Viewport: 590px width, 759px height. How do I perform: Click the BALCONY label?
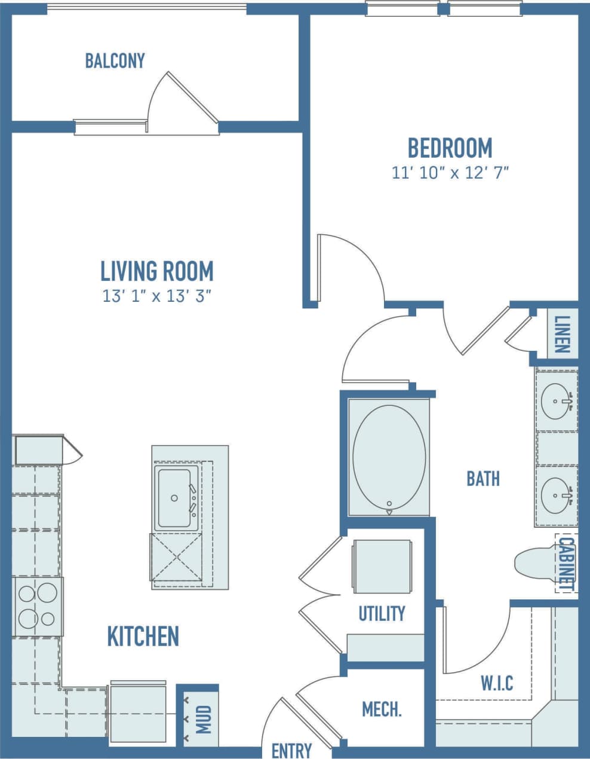(115, 61)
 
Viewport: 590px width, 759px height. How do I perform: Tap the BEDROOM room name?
(450, 148)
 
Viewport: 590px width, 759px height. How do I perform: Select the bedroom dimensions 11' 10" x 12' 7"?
(450, 173)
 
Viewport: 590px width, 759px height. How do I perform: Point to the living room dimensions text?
(157, 296)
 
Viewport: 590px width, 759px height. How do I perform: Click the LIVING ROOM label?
(157, 271)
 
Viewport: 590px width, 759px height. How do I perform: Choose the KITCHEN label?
(143, 636)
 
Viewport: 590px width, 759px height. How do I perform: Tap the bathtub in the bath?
(389, 457)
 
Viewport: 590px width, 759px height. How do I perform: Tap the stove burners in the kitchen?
(37, 605)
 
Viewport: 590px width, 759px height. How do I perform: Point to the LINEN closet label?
(563, 334)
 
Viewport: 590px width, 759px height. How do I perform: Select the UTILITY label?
(382, 614)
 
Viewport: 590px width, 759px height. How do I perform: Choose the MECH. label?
(382, 709)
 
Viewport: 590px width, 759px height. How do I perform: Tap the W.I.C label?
(497, 683)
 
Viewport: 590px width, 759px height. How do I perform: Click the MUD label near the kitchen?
(203, 720)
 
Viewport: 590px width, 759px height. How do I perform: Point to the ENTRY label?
(291, 750)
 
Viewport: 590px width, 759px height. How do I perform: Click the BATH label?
(483, 478)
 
